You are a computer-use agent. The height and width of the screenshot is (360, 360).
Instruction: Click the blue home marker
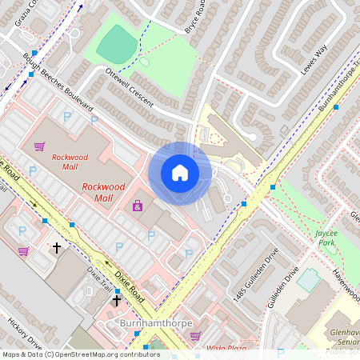(180, 173)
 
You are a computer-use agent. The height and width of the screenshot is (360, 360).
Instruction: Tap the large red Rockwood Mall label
(104, 192)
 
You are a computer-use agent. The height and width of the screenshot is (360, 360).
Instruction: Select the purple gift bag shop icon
(138, 206)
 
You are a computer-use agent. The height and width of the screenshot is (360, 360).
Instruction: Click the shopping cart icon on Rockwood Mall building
(40, 146)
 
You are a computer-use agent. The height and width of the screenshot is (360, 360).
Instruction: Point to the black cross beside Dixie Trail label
(117, 300)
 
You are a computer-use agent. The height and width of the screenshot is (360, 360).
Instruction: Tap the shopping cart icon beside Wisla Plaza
(194, 336)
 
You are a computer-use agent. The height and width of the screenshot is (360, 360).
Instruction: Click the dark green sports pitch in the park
(117, 44)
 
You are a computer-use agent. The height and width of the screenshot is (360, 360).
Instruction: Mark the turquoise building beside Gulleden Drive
(308, 279)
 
